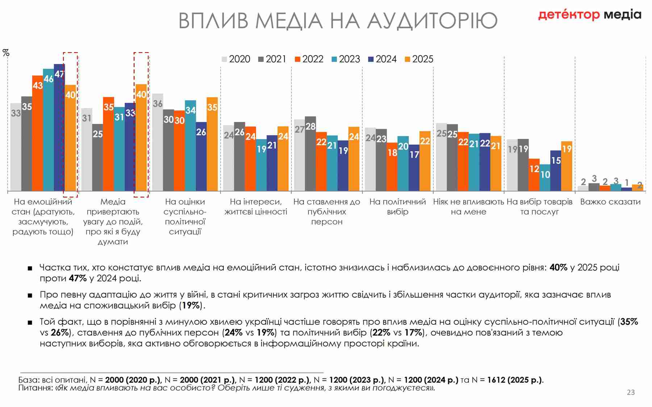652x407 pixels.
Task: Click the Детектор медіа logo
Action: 589,15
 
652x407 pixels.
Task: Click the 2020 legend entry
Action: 236,59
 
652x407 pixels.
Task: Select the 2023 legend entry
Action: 346,59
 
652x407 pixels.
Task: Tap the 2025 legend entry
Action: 419,59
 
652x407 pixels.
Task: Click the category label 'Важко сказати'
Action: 610,202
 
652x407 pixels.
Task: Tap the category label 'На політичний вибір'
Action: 397,207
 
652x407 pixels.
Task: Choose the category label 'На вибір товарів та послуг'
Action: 539,207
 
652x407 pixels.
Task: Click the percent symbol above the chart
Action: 6,53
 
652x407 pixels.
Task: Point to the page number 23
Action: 631,392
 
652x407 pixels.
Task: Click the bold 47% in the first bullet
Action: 78,278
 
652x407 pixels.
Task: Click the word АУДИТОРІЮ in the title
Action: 432,20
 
